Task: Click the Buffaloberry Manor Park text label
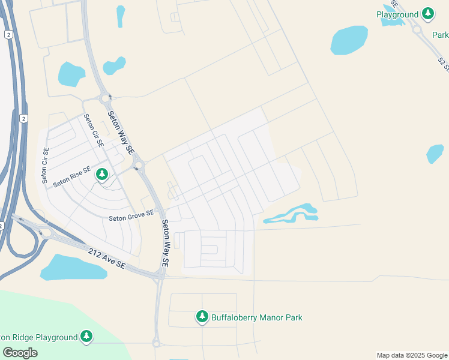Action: [257, 317]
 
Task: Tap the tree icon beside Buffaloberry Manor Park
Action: [202, 317]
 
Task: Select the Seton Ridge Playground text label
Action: [38, 338]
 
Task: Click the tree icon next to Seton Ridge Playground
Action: [87, 337]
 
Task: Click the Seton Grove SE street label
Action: [131, 216]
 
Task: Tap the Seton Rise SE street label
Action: [72, 176]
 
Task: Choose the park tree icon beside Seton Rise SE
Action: [102, 175]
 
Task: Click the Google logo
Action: [20, 352]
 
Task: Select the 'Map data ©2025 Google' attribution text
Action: [412, 355]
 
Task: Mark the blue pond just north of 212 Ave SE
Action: [73, 268]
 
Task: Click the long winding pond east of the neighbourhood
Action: [291, 214]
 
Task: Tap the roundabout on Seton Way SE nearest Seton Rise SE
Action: [139, 165]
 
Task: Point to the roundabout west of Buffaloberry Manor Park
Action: [157, 343]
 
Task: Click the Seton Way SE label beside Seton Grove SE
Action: [165, 242]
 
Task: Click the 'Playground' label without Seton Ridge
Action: [397, 14]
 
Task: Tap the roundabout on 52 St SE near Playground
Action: [417, 29]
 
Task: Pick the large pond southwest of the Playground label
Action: [349, 40]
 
